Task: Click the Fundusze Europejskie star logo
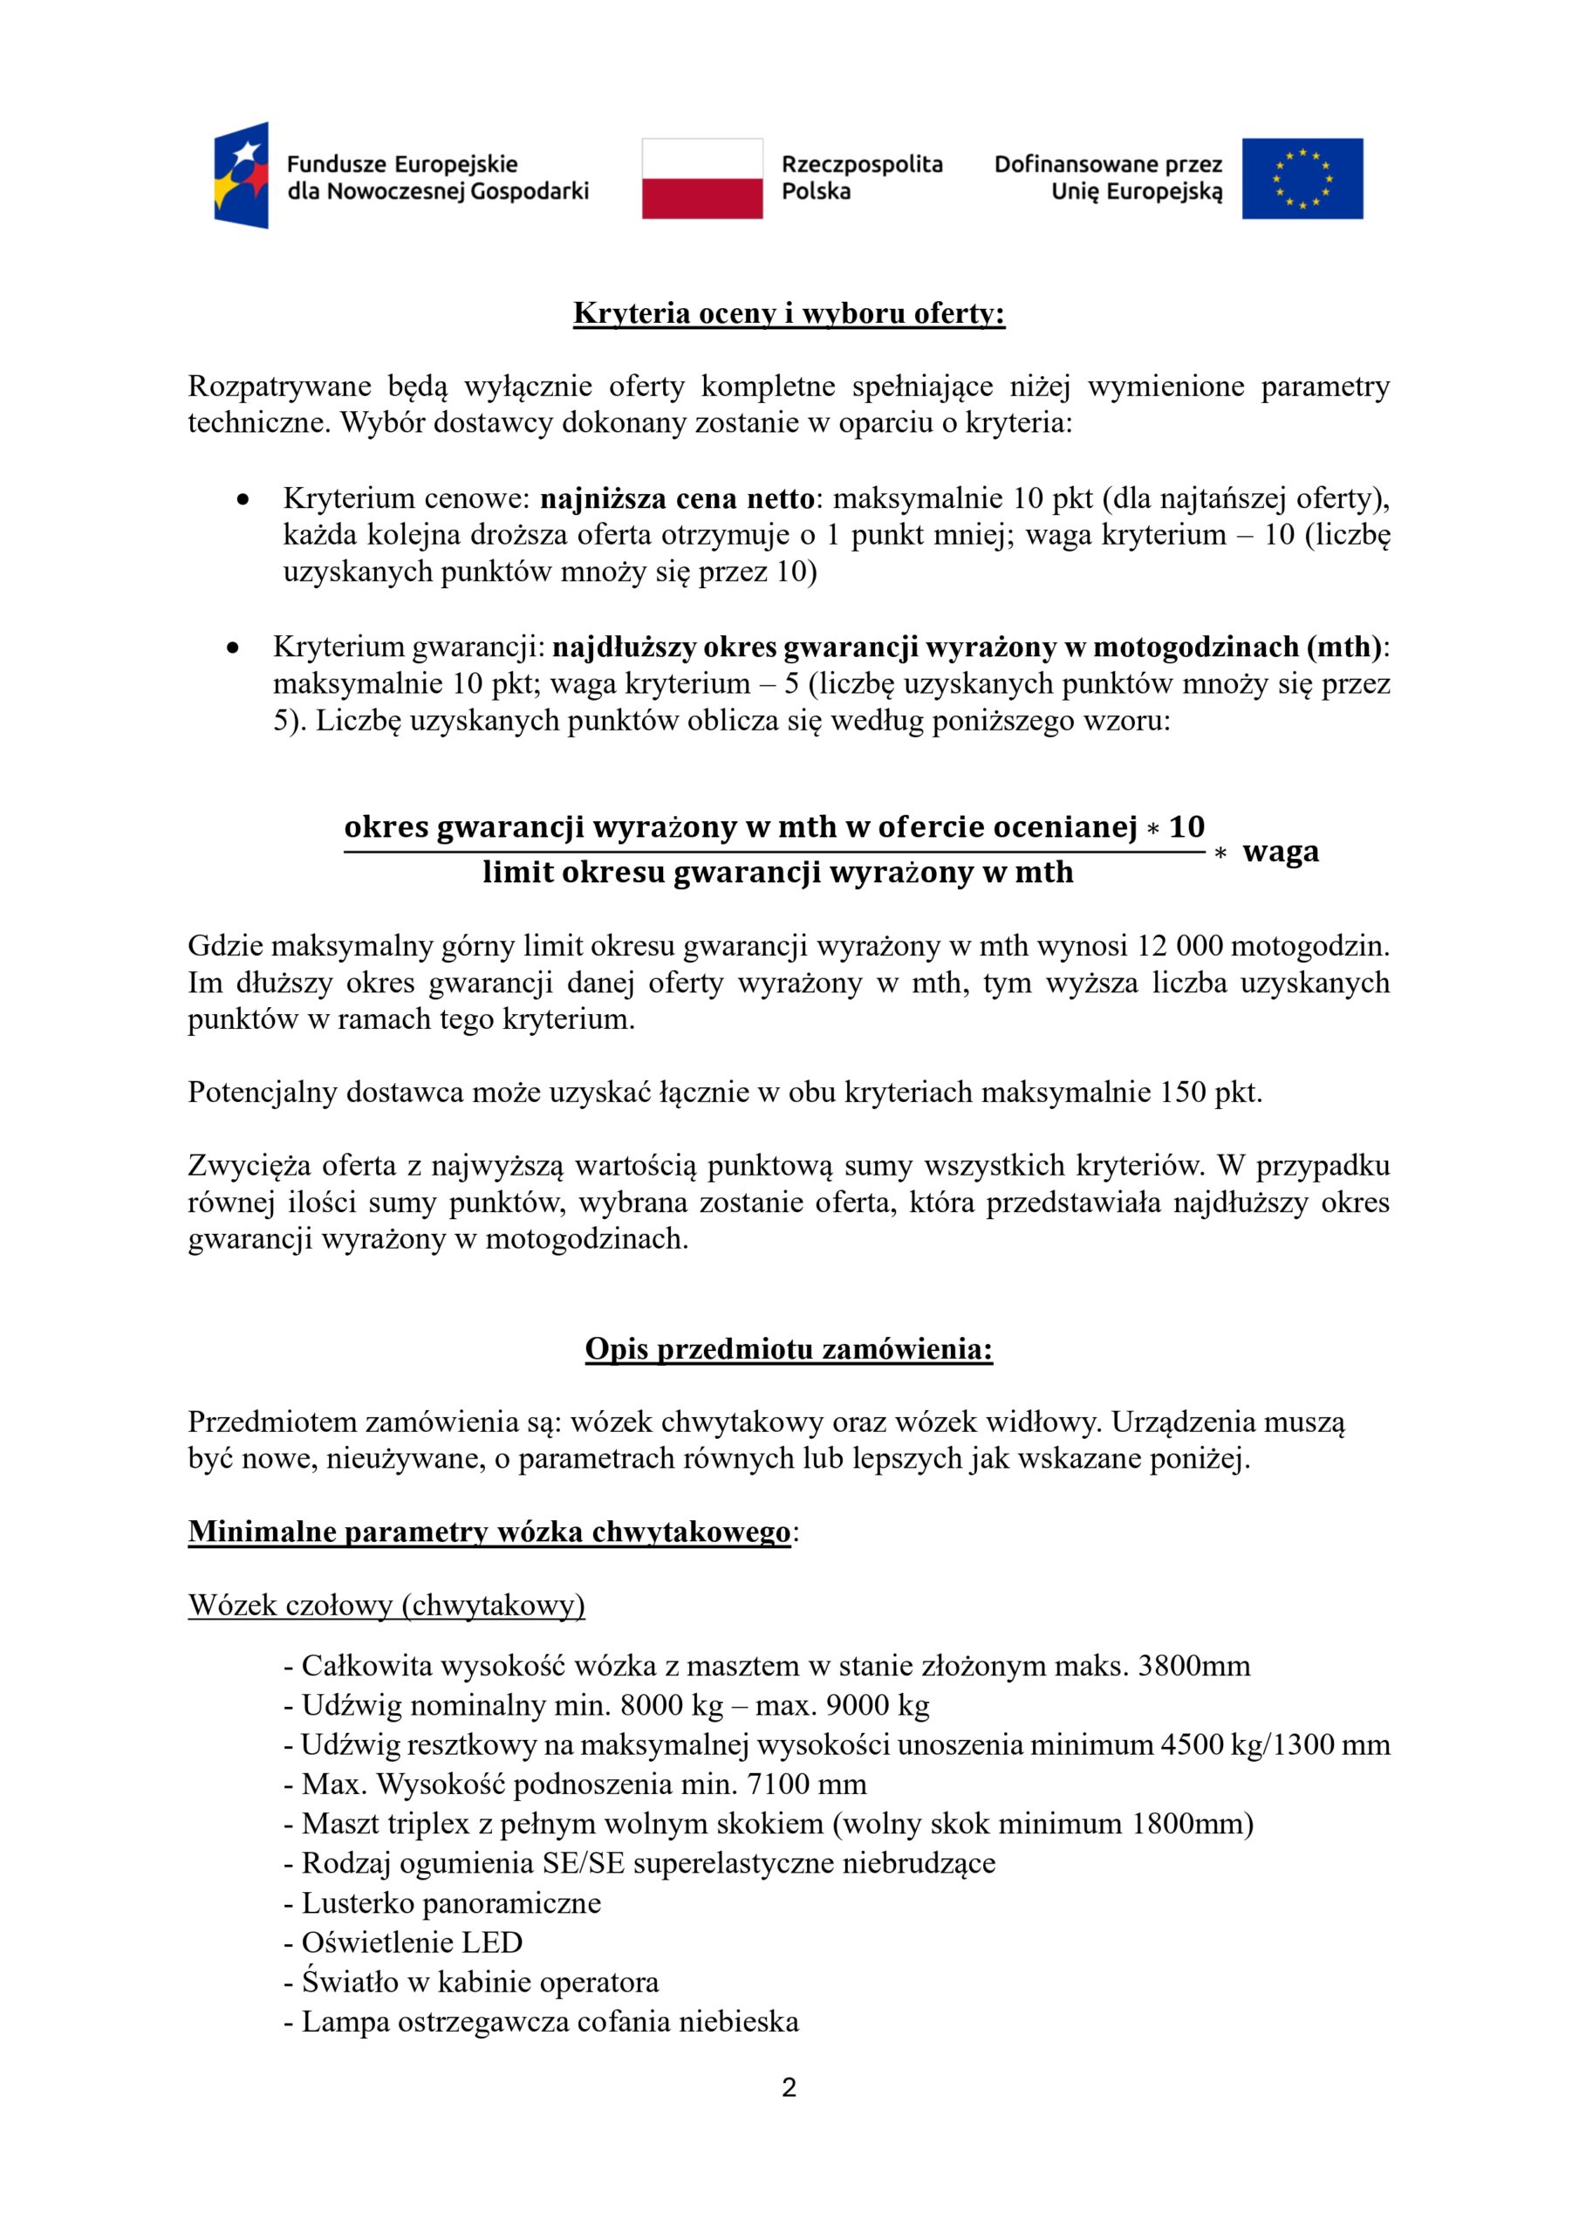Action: coord(242,176)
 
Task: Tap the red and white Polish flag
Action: coord(701,178)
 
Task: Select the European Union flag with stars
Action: coord(1302,178)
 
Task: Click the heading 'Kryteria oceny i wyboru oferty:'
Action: coord(788,313)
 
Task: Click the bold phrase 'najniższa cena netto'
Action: coord(676,498)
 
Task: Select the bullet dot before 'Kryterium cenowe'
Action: coord(243,500)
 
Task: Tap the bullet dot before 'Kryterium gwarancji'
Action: coord(233,647)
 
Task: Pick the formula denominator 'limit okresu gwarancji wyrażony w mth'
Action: coord(777,872)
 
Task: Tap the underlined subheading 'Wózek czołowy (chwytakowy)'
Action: coord(386,1605)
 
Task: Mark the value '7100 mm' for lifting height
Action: coord(807,1784)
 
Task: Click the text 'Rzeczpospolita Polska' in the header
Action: coord(862,177)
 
